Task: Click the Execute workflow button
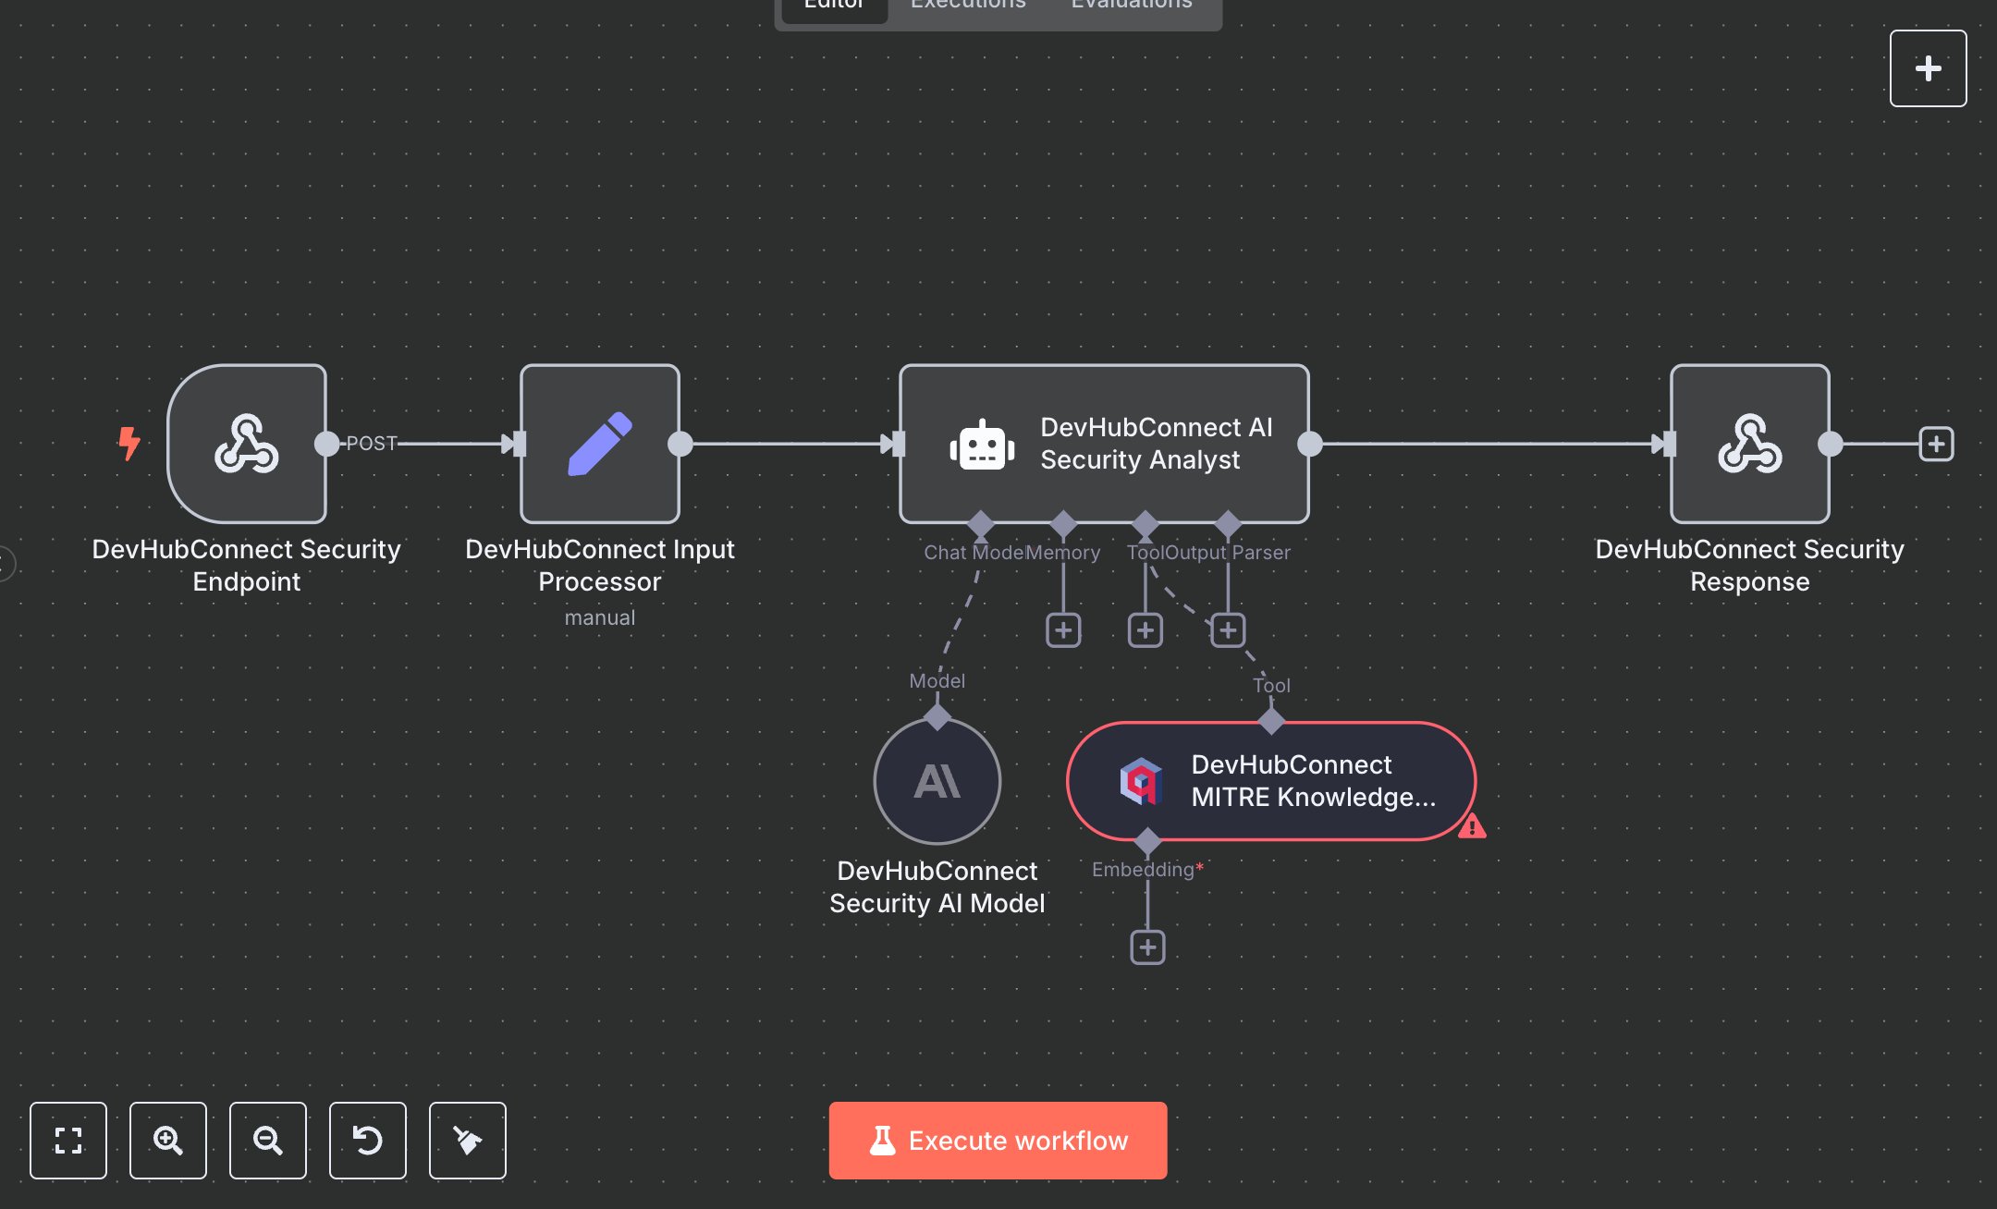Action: (x=998, y=1140)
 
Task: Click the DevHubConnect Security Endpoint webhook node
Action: (x=247, y=444)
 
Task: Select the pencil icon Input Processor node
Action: (x=600, y=444)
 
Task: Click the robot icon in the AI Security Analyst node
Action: (x=982, y=445)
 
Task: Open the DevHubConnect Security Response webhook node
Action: (x=1749, y=444)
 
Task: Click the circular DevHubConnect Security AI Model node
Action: (x=937, y=781)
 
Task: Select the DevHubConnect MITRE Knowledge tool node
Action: (x=1270, y=781)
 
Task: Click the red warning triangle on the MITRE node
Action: (x=1472, y=825)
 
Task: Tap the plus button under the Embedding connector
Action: (x=1147, y=947)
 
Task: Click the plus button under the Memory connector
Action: (x=1063, y=630)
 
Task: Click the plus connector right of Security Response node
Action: (x=1936, y=444)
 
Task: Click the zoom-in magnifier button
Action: (x=168, y=1140)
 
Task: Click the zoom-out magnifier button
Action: (x=268, y=1140)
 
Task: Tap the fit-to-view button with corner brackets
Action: (x=68, y=1140)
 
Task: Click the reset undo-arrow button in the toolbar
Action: (x=368, y=1140)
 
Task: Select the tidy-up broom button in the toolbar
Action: (x=468, y=1140)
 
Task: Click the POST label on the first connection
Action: (x=372, y=444)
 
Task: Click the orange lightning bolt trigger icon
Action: (x=129, y=443)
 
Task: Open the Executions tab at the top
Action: (x=968, y=6)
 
